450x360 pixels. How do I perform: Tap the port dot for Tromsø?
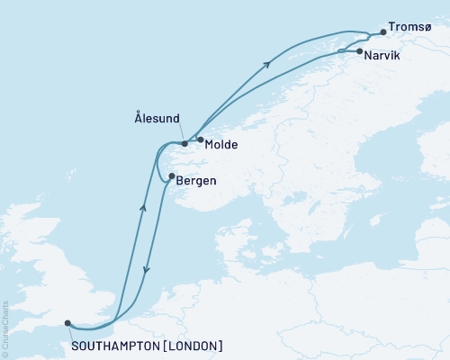(x=382, y=32)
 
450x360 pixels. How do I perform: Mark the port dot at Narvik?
(x=360, y=52)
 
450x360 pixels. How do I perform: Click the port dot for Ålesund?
(x=184, y=143)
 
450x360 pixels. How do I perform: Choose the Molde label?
(x=221, y=144)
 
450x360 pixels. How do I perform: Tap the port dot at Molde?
(x=200, y=139)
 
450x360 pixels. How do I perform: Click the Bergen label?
(x=196, y=180)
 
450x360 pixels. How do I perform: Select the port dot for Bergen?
(x=171, y=176)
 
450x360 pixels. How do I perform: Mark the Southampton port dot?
(x=68, y=324)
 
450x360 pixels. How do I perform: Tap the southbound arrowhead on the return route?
(x=147, y=270)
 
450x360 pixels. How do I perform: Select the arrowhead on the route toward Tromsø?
(x=268, y=62)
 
